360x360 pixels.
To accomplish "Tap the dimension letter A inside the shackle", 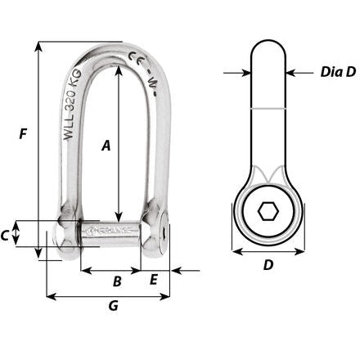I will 106,146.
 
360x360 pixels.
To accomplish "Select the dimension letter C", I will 7,236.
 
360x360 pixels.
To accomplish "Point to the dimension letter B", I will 116,281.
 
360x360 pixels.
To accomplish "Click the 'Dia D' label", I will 337,73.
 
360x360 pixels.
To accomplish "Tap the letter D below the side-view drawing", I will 268,265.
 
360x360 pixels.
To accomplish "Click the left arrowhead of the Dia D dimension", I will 246,73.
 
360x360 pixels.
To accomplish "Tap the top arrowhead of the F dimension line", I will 38,43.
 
